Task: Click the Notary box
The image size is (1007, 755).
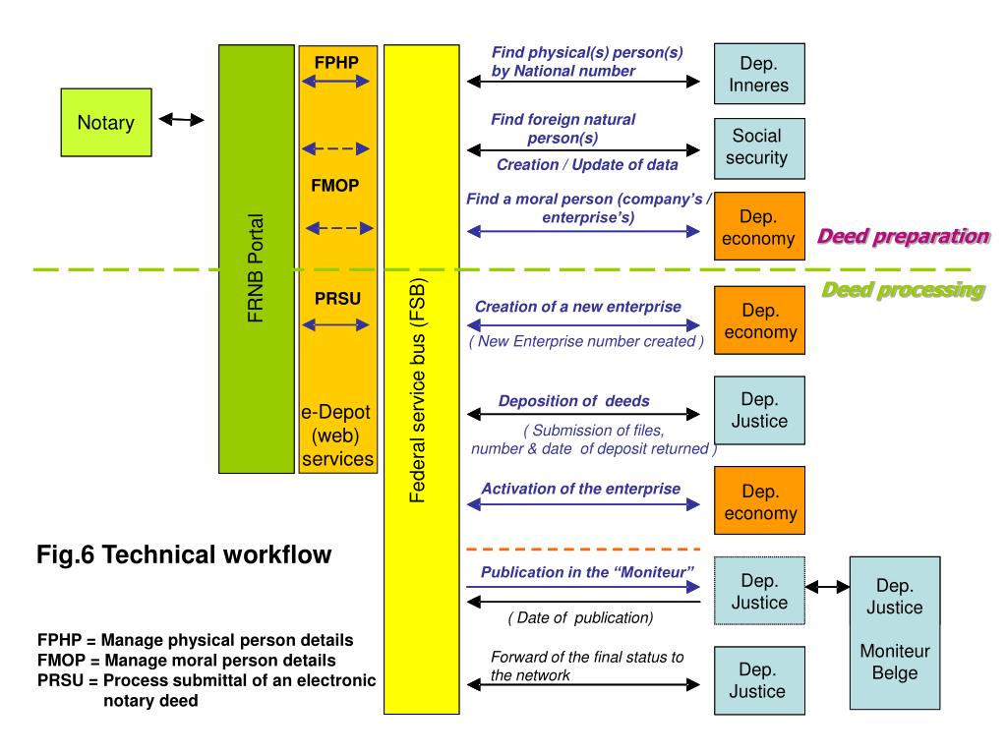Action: [x=106, y=123]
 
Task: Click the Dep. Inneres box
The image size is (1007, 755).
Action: [x=758, y=74]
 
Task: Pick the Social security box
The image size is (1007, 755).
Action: [x=758, y=146]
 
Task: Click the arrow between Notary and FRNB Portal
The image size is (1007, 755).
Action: [x=181, y=120]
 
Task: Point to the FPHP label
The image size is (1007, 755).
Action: [x=336, y=63]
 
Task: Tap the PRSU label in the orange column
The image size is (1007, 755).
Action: [x=336, y=297]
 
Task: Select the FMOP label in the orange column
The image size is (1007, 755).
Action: [x=336, y=185]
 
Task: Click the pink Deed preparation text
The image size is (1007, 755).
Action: [x=902, y=236]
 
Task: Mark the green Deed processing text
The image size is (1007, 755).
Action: [x=902, y=290]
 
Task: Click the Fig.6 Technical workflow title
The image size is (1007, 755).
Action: [x=185, y=555]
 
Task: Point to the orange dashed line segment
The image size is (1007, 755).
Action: [x=582, y=549]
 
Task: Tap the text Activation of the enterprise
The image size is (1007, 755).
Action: [x=580, y=489]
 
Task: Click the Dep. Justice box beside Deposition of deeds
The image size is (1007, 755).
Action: [x=759, y=411]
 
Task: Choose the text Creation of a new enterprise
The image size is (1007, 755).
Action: [x=577, y=307]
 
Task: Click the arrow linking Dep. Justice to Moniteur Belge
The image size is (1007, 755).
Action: [x=828, y=587]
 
